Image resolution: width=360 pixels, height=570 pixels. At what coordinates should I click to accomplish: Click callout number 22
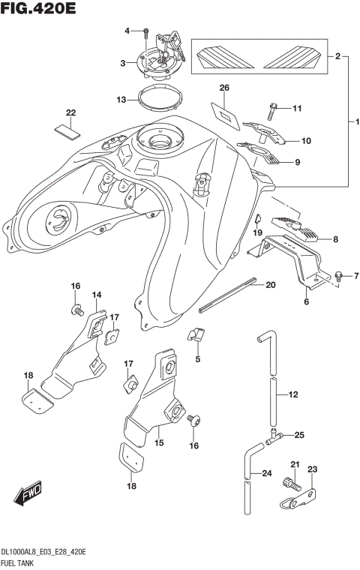pos(70,113)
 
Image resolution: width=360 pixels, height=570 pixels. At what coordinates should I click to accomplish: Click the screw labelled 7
pos(339,277)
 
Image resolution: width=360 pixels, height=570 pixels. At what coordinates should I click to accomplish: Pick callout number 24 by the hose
pos(265,473)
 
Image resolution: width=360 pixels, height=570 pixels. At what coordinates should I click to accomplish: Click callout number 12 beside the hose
pos(293,394)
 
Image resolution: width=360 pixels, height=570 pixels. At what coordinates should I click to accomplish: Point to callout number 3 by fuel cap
pos(122,64)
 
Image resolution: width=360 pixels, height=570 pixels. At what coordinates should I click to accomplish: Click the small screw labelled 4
pos(148,31)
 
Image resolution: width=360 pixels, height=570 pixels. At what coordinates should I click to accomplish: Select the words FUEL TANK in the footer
pos(21,560)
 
